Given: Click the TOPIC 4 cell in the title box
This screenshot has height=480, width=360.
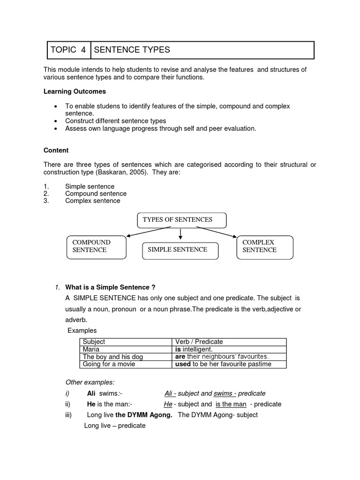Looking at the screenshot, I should click(x=68, y=50).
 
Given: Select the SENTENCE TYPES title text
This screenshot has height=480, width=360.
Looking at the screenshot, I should click(x=132, y=50).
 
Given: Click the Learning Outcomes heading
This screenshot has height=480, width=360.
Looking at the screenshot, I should click(x=75, y=91).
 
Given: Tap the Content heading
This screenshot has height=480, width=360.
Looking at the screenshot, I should click(x=56, y=150).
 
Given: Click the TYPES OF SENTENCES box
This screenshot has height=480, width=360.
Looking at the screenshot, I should click(x=181, y=219).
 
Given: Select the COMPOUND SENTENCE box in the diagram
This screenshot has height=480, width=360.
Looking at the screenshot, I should click(x=96, y=247).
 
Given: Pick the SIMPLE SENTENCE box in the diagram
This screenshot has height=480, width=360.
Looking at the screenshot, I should click(x=180, y=250).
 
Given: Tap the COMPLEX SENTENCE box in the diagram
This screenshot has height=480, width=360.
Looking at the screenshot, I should click(x=266, y=247).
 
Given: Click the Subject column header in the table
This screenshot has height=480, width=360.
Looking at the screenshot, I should click(x=94, y=342).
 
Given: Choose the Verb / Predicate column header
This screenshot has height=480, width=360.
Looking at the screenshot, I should click(x=199, y=342).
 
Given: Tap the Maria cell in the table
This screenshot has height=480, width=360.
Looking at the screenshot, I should click(x=91, y=349).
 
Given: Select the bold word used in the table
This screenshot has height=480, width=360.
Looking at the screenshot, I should click(x=182, y=364).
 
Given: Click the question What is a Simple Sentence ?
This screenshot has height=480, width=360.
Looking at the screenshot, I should click(x=110, y=287).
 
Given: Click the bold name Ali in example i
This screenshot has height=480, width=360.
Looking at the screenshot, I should click(x=92, y=394).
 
